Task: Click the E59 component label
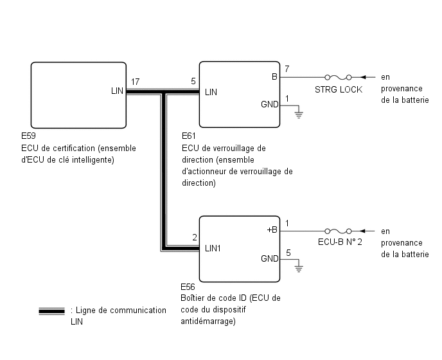click(28, 137)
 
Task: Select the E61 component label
click(190, 137)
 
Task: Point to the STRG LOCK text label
click(339, 89)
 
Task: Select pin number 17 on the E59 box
click(136, 82)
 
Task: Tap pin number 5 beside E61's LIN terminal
click(193, 82)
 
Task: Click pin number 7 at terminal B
click(287, 69)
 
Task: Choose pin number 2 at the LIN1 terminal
click(194, 237)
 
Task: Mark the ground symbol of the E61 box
click(297, 116)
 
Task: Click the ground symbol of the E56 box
click(297, 269)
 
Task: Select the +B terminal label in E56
click(272, 230)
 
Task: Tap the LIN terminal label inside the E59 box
click(117, 91)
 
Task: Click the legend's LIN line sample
click(51, 311)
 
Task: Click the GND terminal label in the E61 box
click(270, 104)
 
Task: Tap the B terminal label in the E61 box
click(274, 77)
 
